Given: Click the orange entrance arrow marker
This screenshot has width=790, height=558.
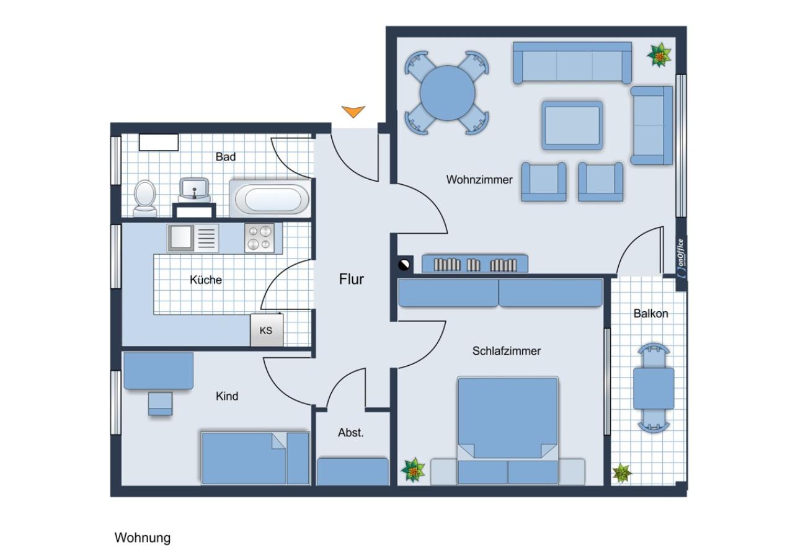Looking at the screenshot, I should pyautogui.click(x=353, y=112).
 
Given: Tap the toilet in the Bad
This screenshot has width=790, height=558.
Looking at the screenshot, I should pyautogui.click(x=145, y=197).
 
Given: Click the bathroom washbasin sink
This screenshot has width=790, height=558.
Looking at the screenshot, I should pyautogui.click(x=195, y=188).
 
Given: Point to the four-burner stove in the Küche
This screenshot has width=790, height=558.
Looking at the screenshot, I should pyautogui.click(x=259, y=237).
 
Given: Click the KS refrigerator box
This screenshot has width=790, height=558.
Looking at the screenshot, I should pyautogui.click(x=266, y=330).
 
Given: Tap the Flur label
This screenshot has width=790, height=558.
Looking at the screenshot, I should pyautogui.click(x=351, y=279).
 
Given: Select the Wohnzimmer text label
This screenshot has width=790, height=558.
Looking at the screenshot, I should pyautogui.click(x=479, y=180).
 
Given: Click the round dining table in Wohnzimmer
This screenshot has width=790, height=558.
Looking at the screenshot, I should pyautogui.click(x=447, y=93).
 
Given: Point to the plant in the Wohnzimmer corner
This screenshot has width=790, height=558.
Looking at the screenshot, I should pyautogui.click(x=659, y=56).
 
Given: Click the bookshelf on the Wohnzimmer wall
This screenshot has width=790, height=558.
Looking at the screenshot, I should pyautogui.click(x=475, y=263).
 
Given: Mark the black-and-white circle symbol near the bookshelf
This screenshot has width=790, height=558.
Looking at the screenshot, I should pyautogui.click(x=404, y=265).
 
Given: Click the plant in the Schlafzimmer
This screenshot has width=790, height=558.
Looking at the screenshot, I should pyautogui.click(x=413, y=470).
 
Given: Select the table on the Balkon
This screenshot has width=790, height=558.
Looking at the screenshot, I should pyautogui.click(x=654, y=388).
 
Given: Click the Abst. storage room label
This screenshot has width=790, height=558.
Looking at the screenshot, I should pyautogui.click(x=351, y=433).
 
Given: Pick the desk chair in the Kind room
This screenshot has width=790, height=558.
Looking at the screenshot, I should pyautogui.click(x=160, y=404).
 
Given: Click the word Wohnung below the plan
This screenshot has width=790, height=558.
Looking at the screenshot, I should pyautogui.click(x=142, y=538).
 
